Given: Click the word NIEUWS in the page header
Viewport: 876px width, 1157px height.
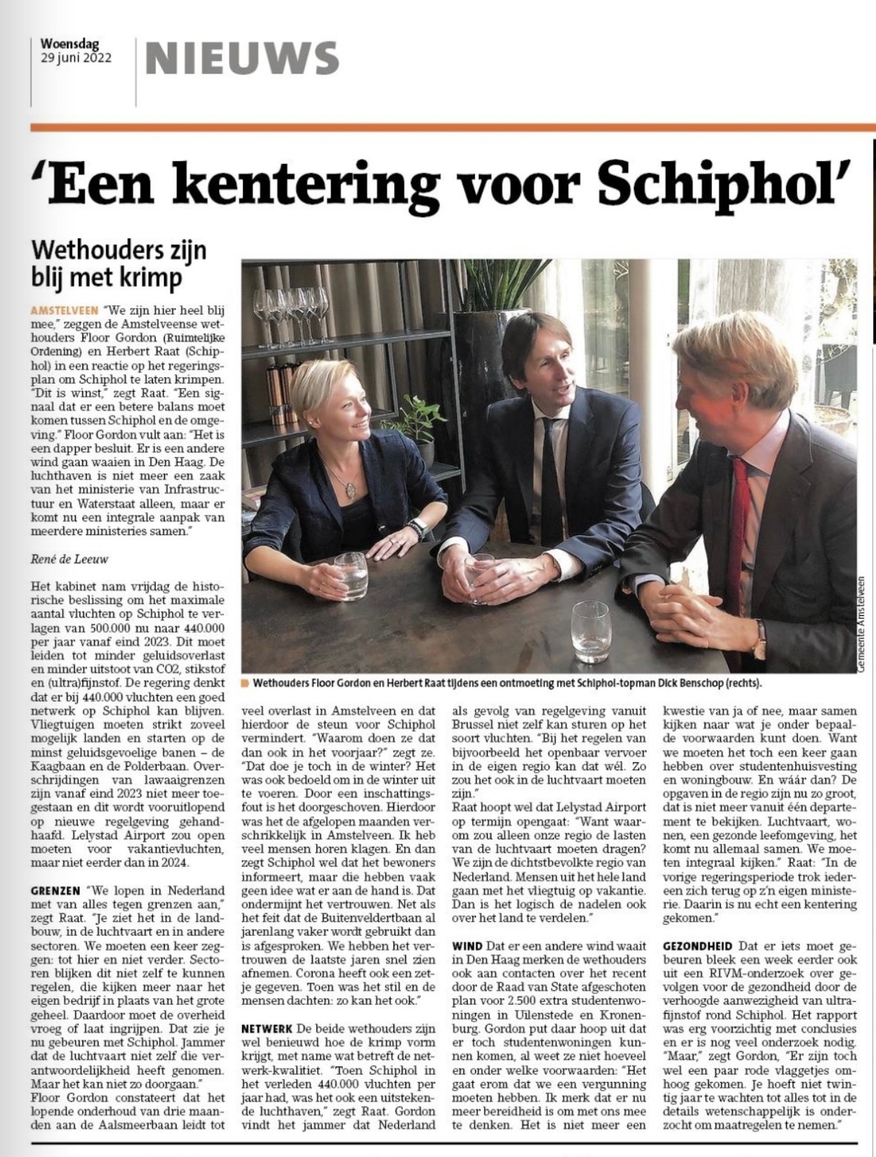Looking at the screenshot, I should pos(241,57).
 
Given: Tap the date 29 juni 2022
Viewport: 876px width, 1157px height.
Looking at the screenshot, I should pos(76,59).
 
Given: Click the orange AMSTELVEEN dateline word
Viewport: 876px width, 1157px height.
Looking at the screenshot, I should pos(66,307).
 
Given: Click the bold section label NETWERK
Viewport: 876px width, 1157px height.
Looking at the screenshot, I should pos(267,1029).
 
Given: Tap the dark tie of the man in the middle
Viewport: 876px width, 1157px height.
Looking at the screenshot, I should pos(550,475).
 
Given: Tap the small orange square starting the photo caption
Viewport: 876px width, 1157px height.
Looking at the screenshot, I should pos(246,682).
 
